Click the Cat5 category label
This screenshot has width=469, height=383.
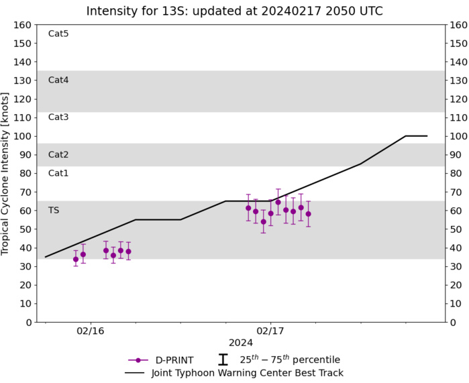point(58,34)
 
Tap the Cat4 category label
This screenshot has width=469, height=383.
point(58,80)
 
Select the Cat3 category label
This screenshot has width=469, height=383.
point(58,117)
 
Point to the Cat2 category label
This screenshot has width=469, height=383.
point(58,154)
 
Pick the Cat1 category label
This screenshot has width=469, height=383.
point(58,173)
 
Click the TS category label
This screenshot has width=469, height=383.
point(54,210)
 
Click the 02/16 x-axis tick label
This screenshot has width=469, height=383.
point(90,331)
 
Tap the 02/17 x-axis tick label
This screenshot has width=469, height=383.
point(270,331)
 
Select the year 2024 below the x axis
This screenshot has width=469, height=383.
point(241,343)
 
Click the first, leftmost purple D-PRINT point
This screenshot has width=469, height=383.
point(76,259)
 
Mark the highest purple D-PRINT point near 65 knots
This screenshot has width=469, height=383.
point(278,202)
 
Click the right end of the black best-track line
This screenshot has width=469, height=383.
point(427,136)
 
